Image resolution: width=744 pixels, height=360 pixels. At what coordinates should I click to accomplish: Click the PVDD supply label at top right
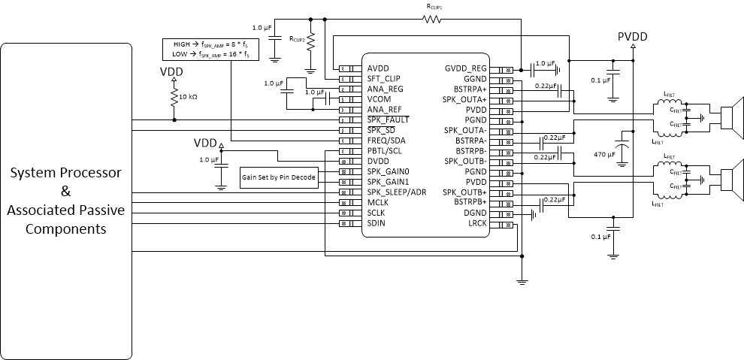click(x=632, y=35)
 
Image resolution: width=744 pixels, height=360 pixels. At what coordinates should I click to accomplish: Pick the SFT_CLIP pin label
click(x=383, y=78)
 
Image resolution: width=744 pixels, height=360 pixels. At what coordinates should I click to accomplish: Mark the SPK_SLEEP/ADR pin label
click(x=396, y=192)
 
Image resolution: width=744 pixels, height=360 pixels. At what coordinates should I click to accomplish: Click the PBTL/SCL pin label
click(x=385, y=150)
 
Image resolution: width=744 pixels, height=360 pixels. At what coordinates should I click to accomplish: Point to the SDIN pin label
click(x=377, y=223)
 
